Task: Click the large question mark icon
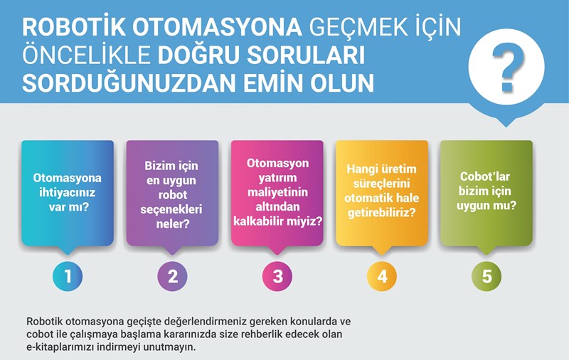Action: coord(508,67)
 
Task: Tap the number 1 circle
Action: coord(68,276)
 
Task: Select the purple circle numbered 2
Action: coord(172,276)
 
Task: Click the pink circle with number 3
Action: coord(277,276)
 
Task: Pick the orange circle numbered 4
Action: coord(382,276)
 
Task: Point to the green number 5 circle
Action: coord(486,276)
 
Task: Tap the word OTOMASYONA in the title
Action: coord(217,27)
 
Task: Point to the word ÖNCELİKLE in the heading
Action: coord(86,55)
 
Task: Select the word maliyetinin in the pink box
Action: coord(277,192)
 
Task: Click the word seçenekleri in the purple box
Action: coord(171,209)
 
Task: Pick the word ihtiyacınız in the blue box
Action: coord(67,192)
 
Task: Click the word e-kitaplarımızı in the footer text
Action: coord(65,347)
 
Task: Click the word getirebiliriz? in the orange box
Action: coord(382,213)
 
